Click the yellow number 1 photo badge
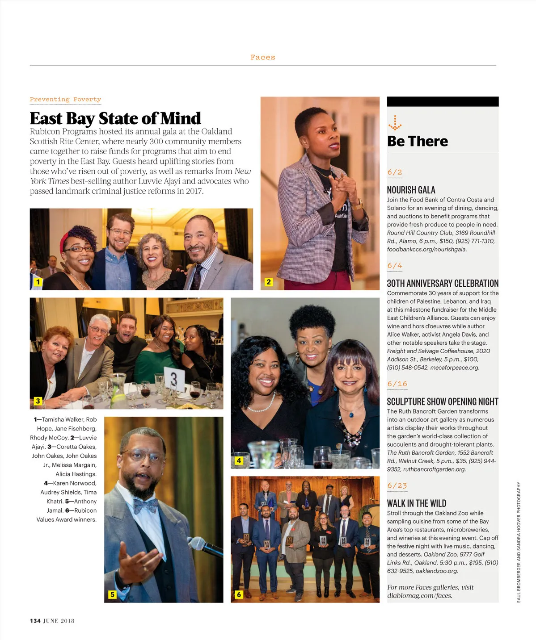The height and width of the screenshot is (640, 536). (x=38, y=282)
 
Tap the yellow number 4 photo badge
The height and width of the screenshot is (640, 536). (x=239, y=460)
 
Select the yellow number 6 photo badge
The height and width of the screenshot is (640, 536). (x=239, y=594)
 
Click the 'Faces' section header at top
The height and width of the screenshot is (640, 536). (x=263, y=57)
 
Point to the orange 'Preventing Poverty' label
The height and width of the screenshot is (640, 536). (x=65, y=100)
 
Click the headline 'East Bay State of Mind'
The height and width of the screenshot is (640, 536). (x=115, y=118)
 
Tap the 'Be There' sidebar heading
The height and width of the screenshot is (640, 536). (x=418, y=141)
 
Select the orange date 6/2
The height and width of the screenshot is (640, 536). (x=394, y=172)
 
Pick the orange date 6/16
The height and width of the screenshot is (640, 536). (x=397, y=384)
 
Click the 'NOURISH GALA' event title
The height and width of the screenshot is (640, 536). (x=411, y=190)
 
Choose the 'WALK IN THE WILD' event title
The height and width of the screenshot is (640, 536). (x=416, y=503)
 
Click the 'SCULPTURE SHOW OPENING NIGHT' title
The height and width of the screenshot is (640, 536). (x=442, y=402)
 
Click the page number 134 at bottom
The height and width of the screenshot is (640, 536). (x=35, y=621)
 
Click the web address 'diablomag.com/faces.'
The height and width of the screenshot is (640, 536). (x=419, y=595)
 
